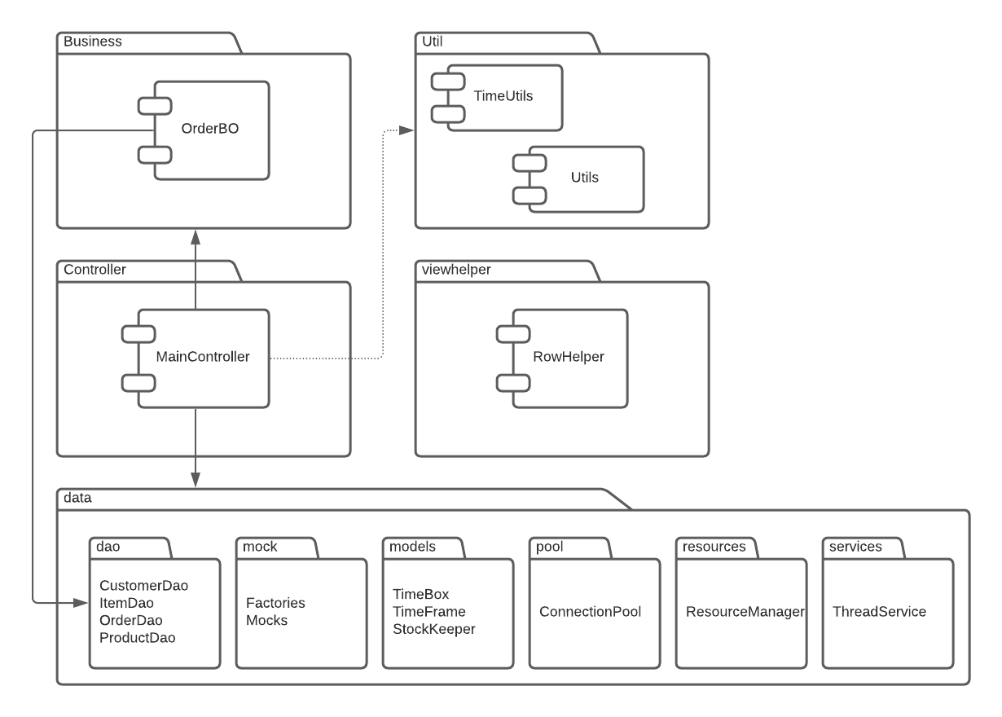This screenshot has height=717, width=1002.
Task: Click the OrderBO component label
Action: [x=210, y=129]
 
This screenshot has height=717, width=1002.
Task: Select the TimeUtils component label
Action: [x=503, y=96]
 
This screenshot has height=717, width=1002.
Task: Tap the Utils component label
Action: [x=584, y=177]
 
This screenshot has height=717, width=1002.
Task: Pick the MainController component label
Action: [x=203, y=356]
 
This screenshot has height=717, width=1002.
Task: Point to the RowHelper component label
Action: [x=568, y=356]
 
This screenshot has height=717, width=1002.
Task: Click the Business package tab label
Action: [x=92, y=42]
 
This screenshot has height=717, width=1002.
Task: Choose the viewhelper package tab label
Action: [x=457, y=270]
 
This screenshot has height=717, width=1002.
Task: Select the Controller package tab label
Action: [x=94, y=270]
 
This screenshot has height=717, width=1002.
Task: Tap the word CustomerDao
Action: [x=149, y=585]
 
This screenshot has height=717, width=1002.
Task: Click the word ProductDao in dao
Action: [x=137, y=637]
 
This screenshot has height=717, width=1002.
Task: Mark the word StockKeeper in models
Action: [x=434, y=628]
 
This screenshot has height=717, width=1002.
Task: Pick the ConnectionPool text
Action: [x=591, y=611]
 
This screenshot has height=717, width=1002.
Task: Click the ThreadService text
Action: [x=879, y=611]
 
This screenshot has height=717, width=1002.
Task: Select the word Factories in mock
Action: [x=275, y=603]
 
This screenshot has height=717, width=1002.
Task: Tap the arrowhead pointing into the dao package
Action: [x=81, y=603]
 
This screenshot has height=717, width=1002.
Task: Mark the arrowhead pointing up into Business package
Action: [x=196, y=236]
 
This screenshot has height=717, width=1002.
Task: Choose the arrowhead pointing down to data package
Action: [x=196, y=480]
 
